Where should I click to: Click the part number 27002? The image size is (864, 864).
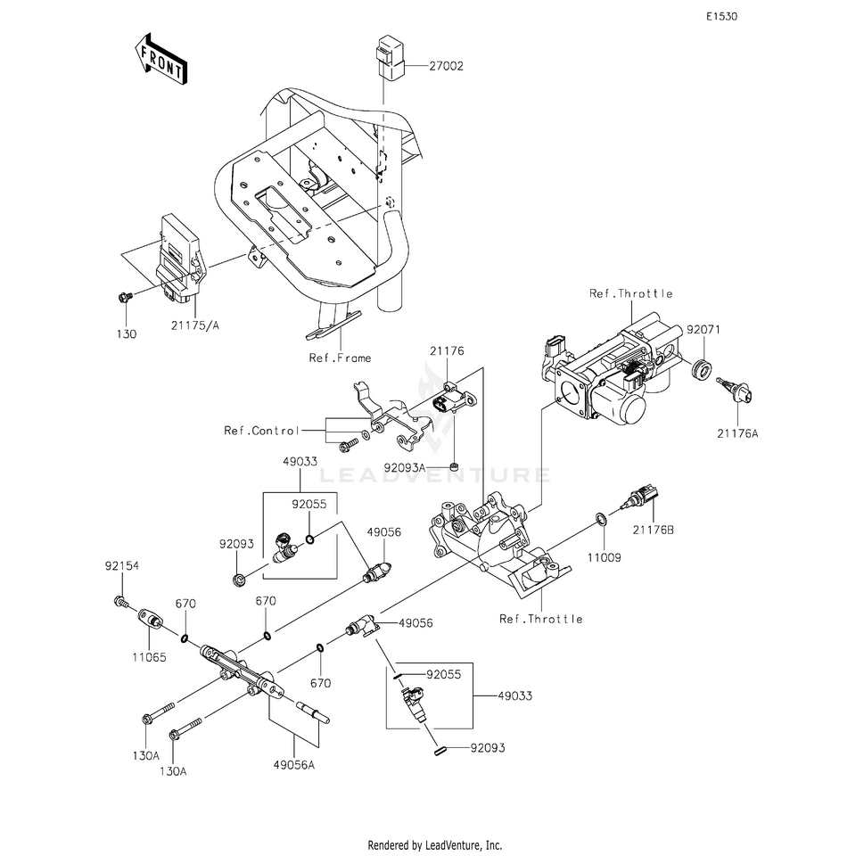click(x=447, y=66)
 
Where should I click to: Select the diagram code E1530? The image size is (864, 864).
click(x=722, y=17)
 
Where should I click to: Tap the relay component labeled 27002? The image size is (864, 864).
click(x=390, y=57)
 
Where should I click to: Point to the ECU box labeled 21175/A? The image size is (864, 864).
click(x=177, y=259)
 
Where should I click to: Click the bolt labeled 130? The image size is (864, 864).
click(x=125, y=297)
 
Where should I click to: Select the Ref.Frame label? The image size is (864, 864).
click(x=340, y=358)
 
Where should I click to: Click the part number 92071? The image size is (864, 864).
click(x=704, y=330)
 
